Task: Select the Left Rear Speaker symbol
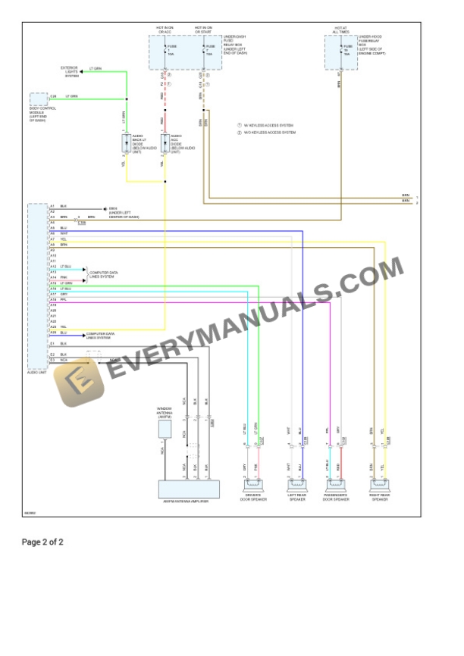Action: (x=294, y=486)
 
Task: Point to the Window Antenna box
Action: (x=165, y=429)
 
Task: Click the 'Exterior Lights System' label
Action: (x=71, y=71)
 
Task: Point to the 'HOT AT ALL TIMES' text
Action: (x=340, y=30)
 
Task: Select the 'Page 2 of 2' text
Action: (x=42, y=542)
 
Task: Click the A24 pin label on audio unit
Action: (x=53, y=333)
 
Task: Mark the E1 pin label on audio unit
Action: (x=52, y=343)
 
